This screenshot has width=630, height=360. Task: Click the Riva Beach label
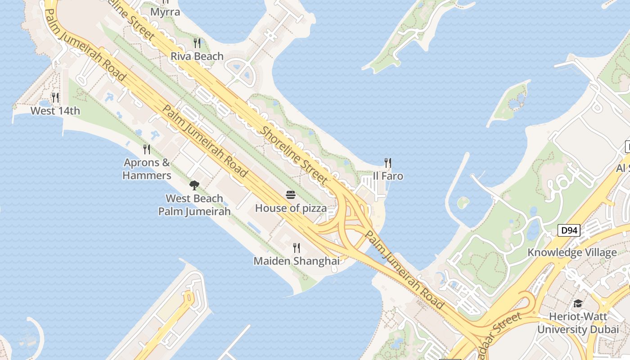coord(197,56)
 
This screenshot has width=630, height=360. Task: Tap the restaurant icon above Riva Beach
coord(197,43)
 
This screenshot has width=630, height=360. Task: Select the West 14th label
coord(55,111)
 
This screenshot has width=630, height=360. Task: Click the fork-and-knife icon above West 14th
coord(55,97)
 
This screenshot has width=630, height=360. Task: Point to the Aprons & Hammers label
coord(147,169)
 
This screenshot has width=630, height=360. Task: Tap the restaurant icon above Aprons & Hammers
coord(147,149)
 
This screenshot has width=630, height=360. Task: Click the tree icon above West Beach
coord(194,184)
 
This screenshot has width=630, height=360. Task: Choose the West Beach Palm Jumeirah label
coord(194,205)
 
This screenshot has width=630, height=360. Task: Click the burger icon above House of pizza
coord(291,195)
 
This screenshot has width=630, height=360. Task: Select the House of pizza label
coord(291,208)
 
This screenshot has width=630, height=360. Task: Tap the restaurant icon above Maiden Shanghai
coord(297,247)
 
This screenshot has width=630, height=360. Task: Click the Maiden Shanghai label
coord(297,261)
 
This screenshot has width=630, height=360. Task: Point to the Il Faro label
coord(388,176)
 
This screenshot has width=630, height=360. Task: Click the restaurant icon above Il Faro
coord(388,162)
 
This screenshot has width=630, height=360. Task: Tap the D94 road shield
coord(569,231)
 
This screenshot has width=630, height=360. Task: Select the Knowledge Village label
coord(572,252)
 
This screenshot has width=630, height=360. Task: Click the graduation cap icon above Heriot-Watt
coord(578,304)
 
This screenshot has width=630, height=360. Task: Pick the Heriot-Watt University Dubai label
coord(578,323)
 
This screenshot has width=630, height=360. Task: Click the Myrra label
coord(165,12)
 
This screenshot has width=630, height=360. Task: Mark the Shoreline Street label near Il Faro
coord(294,155)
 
